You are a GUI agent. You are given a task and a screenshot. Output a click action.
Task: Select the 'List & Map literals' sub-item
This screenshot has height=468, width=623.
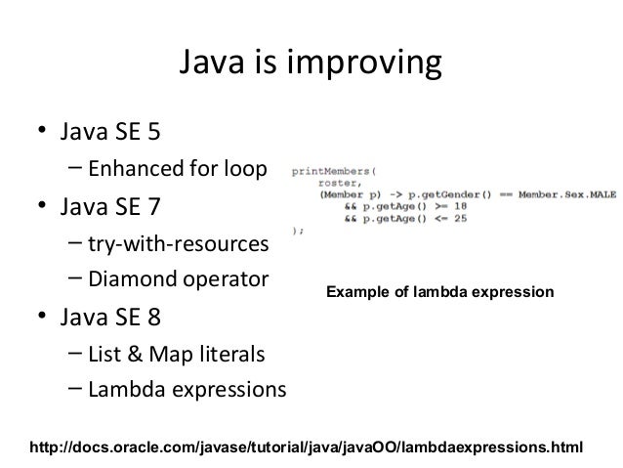[x=176, y=353]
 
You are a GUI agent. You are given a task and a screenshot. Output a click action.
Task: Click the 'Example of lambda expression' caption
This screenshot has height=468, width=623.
[x=439, y=292]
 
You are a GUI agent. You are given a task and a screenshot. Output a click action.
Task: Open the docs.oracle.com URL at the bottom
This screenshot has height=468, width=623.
[x=307, y=447]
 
